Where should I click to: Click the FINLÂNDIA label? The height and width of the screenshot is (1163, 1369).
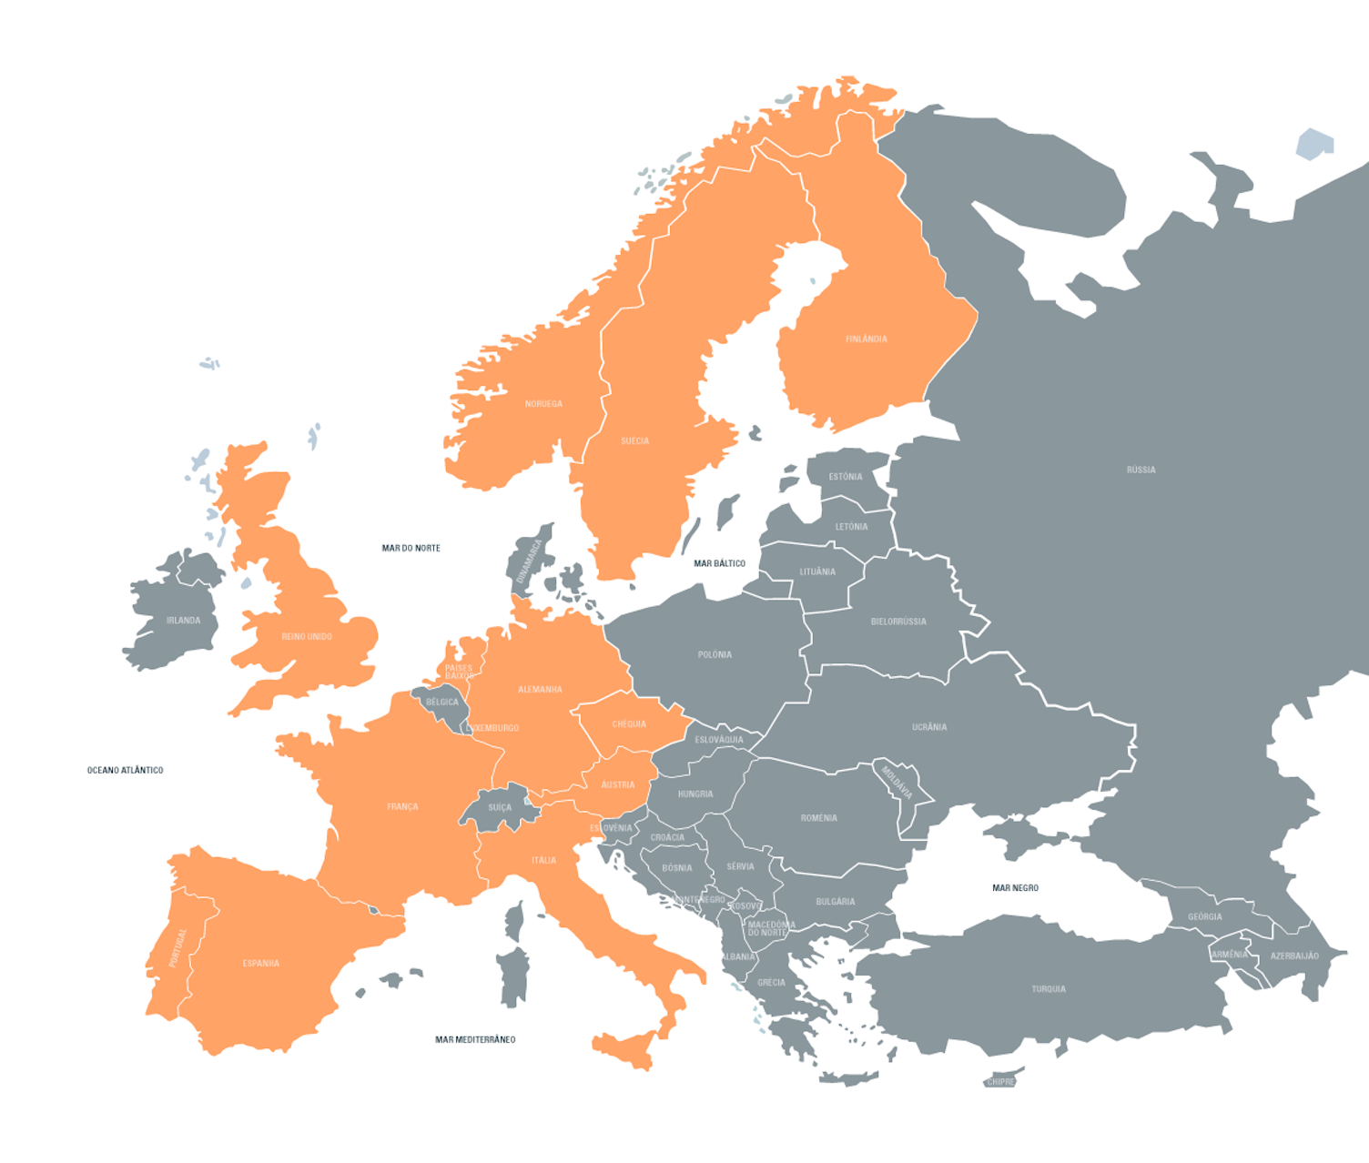click(x=866, y=339)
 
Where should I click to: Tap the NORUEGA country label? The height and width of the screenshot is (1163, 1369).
click(x=543, y=404)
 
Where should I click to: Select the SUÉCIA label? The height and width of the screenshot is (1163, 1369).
click(x=634, y=441)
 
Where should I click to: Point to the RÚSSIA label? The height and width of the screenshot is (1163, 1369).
click(x=1141, y=470)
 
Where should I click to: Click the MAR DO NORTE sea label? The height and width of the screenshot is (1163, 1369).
click(x=411, y=548)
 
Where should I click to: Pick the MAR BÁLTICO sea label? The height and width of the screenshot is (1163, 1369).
click(x=719, y=563)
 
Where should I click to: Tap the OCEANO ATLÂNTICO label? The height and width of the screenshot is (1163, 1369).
click(x=125, y=770)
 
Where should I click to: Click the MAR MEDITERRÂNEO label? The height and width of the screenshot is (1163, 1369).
click(x=475, y=1039)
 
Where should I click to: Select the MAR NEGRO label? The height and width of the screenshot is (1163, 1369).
click(x=1015, y=887)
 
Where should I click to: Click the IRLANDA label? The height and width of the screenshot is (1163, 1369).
click(x=183, y=621)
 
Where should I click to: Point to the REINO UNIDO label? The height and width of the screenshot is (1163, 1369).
click(x=307, y=636)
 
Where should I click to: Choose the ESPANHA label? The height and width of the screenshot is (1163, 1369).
click(x=260, y=963)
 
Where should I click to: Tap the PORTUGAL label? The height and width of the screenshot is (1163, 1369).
click(x=177, y=947)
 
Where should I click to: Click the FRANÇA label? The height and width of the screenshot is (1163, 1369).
click(x=402, y=806)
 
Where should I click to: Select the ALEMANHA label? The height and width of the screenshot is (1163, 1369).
click(x=540, y=690)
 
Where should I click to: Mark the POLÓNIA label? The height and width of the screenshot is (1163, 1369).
click(x=715, y=654)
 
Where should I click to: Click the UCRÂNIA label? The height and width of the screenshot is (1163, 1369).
click(x=929, y=727)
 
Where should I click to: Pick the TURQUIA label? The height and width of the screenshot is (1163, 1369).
click(x=1049, y=989)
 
